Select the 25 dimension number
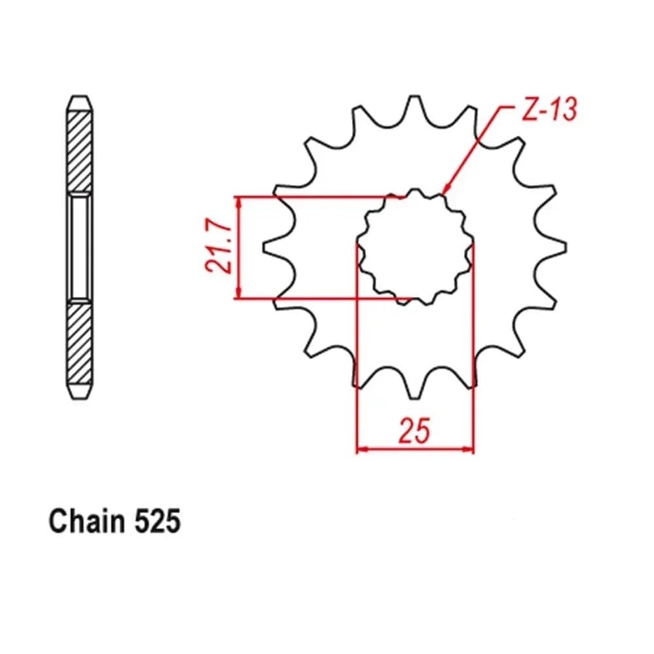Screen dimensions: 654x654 [x=414, y=430]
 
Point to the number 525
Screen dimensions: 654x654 [x=158, y=521]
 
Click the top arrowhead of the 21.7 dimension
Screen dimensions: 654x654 [x=239, y=203]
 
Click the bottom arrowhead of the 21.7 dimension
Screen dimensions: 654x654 [x=239, y=292]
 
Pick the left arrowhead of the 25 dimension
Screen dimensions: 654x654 [x=363, y=449]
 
